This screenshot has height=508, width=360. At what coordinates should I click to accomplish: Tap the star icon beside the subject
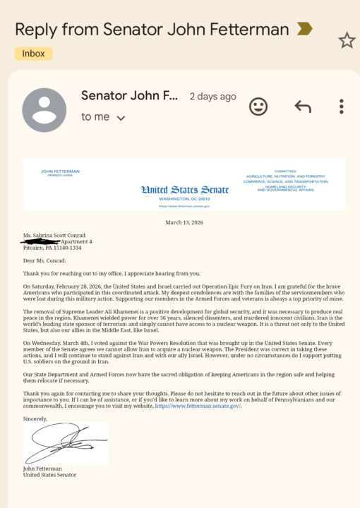pyautogui.click(x=347, y=41)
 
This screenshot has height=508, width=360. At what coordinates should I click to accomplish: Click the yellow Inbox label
pyautogui.click(x=33, y=54)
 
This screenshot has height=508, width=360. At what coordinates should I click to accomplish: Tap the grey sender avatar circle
pyautogui.click(x=44, y=110)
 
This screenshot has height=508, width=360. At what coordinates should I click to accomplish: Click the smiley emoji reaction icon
pyautogui.click(x=258, y=107)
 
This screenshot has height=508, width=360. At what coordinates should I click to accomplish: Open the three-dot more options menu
pyautogui.click(x=341, y=107)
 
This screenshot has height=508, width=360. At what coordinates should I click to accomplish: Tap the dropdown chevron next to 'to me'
pyautogui.click(x=121, y=118)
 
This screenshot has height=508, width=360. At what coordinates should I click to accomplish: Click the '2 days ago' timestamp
pyautogui.click(x=212, y=97)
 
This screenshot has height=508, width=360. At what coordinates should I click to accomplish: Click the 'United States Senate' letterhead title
pyautogui.click(x=185, y=188)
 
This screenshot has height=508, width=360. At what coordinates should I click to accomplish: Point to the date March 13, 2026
pyautogui.click(x=184, y=222)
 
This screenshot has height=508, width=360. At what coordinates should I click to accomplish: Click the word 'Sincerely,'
pyautogui.click(x=35, y=418)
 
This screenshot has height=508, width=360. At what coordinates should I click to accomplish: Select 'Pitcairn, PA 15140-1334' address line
pyautogui.click(x=52, y=248)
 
